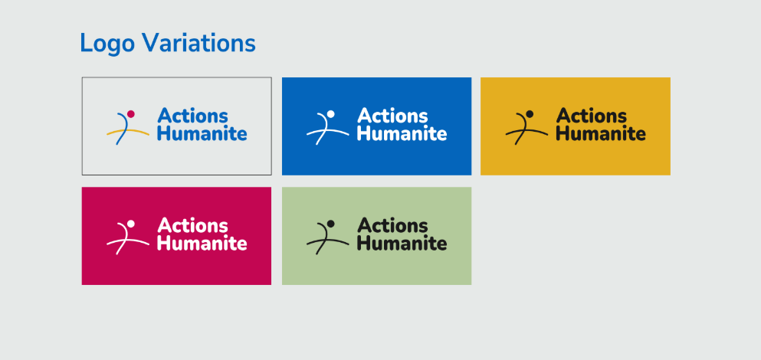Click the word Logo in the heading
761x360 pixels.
pyautogui.click(x=107, y=44)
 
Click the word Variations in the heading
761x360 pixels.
pyautogui.click(x=198, y=43)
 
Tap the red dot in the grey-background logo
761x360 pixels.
pyautogui.click(x=130, y=114)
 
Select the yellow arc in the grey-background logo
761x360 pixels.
pyautogui.click(x=128, y=131)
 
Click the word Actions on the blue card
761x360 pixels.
pyautogui.click(x=392, y=116)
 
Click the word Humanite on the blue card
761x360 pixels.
pyautogui.click(x=402, y=133)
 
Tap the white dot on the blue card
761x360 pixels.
pyautogui.click(x=331, y=114)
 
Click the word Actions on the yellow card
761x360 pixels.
pyautogui.click(x=592, y=116)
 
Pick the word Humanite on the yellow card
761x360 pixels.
pyautogui.click(x=601, y=133)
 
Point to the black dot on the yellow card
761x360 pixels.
pyautogui.click(x=530, y=114)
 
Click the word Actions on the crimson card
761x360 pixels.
pyautogui.click(x=192, y=226)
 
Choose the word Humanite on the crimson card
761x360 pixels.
pyautogui.click(x=202, y=243)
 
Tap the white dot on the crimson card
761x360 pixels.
pyautogui.click(x=130, y=224)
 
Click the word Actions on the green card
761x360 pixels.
pyautogui.click(x=392, y=226)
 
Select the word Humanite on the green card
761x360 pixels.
pyautogui.click(x=402, y=243)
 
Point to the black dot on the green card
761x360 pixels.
pyautogui.click(x=331, y=224)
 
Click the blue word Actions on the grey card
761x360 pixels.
pyautogui.click(x=192, y=116)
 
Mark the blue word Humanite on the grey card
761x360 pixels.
pyautogui.click(x=202, y=133)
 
